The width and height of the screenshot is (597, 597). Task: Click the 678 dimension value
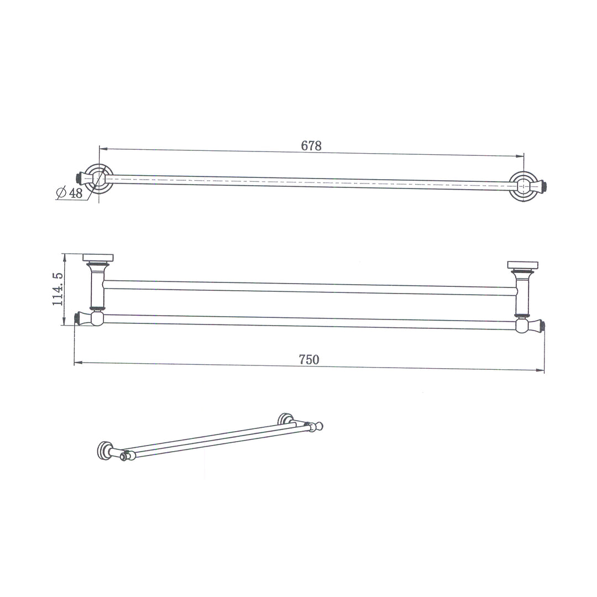click(x=311, y=146)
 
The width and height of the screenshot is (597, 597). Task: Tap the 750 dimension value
click(x=309, y=359)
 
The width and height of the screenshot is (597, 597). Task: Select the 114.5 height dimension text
click(x=58, y=289)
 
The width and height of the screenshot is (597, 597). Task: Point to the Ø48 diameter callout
click(x=70, y=193)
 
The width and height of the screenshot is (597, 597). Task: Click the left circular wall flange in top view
click(x=99, y=179)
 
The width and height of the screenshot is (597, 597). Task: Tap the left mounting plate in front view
click(x=98, y=258)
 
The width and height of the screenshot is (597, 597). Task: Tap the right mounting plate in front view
click(x=522, y=265)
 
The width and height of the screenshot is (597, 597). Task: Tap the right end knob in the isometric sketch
click(x=318, y=426)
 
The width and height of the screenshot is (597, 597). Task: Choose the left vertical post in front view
click(x=97, y=287)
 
